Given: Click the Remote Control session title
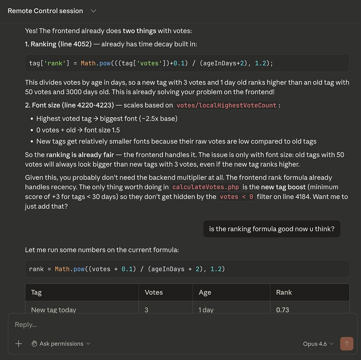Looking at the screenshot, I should [45, 11].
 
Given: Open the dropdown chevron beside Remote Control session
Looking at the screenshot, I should [93, 11].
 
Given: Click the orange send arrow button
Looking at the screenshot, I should [347, 343].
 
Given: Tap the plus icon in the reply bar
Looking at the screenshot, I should [19, 344].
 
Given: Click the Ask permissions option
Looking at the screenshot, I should [61, 344].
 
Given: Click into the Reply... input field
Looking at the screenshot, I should [144, 325].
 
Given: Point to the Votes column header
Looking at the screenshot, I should [154, 292].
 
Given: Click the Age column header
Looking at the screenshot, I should [205, 292].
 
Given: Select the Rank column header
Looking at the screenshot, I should [284, 292].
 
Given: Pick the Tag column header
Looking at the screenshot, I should [36, 292].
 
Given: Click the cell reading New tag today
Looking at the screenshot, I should [54, 309].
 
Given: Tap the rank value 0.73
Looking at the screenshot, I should [282, 309].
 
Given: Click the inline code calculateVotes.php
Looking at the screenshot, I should [205, 187].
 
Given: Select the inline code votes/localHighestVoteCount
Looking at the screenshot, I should [226, 105].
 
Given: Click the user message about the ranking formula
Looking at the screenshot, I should [271, 229].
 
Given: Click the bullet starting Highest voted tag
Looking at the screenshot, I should [106, 118].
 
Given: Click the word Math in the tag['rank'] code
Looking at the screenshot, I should [88, 63].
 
